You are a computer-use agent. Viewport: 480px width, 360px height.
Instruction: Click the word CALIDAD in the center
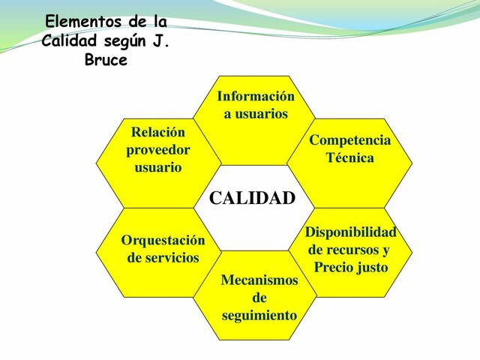click(252, 199)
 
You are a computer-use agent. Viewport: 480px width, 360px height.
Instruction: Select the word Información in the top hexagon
click(255, 96)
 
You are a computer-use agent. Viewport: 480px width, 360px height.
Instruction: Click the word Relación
click(158, 132)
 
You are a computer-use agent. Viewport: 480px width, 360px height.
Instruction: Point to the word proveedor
click(158, 149)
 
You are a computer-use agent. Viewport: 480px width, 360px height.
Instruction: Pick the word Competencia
click(349, 140)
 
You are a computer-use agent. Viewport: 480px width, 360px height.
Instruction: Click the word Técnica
click(349, 158)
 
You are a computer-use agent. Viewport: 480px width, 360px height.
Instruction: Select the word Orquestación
click(163, 241)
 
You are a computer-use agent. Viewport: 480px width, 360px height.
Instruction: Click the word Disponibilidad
click(350, 232)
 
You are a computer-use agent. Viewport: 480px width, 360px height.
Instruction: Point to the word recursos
click(358, 250)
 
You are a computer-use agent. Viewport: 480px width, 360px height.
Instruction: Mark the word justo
click(373, 267)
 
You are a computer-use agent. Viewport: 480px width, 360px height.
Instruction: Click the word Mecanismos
click(259, 280)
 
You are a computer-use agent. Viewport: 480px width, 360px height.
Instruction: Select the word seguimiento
click(259, 316)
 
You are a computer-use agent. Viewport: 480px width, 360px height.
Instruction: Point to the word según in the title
click(124, 40)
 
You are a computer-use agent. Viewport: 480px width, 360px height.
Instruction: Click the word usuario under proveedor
click(158, 166)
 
